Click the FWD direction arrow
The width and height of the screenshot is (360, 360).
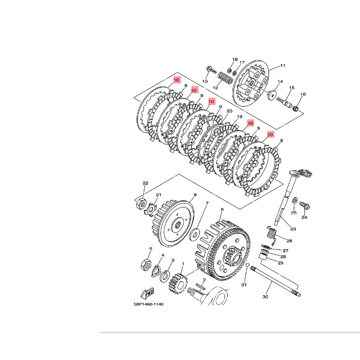click(x=147, y=294)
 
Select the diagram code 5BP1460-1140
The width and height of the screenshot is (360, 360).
click(x=149, y=304)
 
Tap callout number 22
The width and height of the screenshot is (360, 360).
click(x=145, y=183)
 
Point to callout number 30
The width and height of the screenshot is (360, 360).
click(x=265, y=297)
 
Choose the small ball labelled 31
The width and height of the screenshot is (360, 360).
click(x=247, y=265)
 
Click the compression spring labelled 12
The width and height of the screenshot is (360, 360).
click(x=225, y=78)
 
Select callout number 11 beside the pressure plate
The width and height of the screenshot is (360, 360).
click(x=283, y=66)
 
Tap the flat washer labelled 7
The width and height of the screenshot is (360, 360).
click(x=194, y=235)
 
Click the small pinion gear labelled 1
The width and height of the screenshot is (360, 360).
click(x=178, y=283)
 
